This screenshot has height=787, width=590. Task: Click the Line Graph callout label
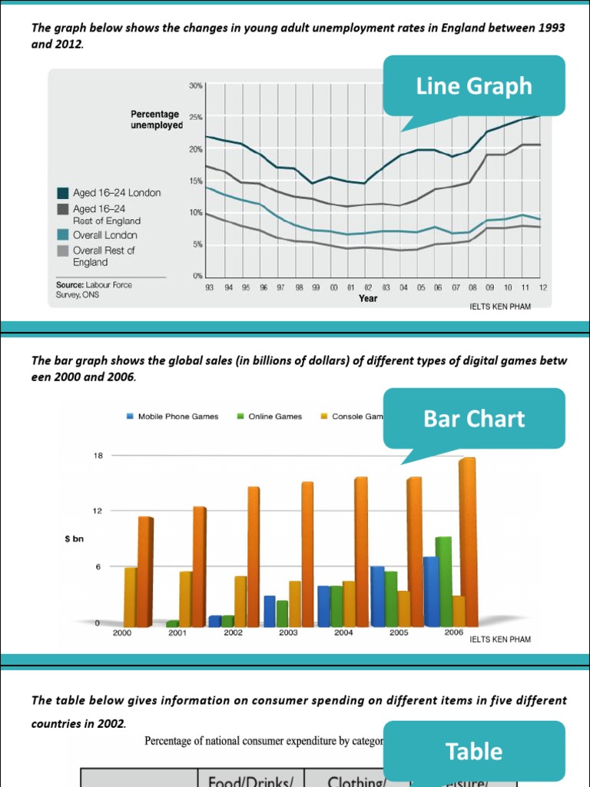click(x=473, y=86)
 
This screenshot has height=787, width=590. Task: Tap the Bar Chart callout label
click(x=473, y=419)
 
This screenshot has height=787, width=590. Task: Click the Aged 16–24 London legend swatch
click(x=63, y=193)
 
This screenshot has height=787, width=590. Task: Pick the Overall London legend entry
click(x=104, y=235)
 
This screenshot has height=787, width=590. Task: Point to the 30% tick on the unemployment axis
click(x=195, y=85)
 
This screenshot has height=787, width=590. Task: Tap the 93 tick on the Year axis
click(x=209, y=287)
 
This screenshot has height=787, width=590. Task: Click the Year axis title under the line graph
click(x=368, y=298)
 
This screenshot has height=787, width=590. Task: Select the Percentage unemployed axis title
click(x=156, y=120)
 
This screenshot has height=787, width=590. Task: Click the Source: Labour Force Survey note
click(x=92, y=289)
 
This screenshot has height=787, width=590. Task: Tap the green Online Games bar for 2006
click(x=443, y=581)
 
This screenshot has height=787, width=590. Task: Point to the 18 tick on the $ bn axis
click(x=98, y=456)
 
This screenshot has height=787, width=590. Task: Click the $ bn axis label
click(x=74, y=540)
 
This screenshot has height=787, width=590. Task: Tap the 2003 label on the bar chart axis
click(x=288, y=633)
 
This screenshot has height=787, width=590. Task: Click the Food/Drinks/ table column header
click(x=251, y=781)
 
